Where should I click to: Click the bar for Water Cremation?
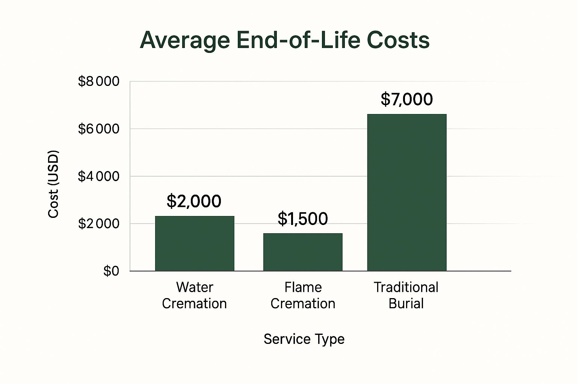coord(195,243)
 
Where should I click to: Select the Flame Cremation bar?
coord(303,252)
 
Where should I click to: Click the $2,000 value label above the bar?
coord(194,201)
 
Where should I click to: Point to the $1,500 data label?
coord(303,219)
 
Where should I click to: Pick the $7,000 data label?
coord(407,99)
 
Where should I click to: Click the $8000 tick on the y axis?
coord(98,81)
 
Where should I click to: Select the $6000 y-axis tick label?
coord(98,129)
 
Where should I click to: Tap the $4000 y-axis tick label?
coord(98,176)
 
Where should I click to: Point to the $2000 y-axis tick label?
coord(98,224)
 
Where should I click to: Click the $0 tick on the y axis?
coord(111,271)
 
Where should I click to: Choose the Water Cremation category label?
coord(194,295)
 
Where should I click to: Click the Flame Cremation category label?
coord(303,295)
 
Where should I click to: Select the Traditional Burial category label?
coord(406,295)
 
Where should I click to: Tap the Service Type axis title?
coord(304,339)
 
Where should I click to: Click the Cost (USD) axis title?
coord(54,184)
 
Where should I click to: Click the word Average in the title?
coord(184,40)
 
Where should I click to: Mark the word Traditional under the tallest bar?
coord(406,287)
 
